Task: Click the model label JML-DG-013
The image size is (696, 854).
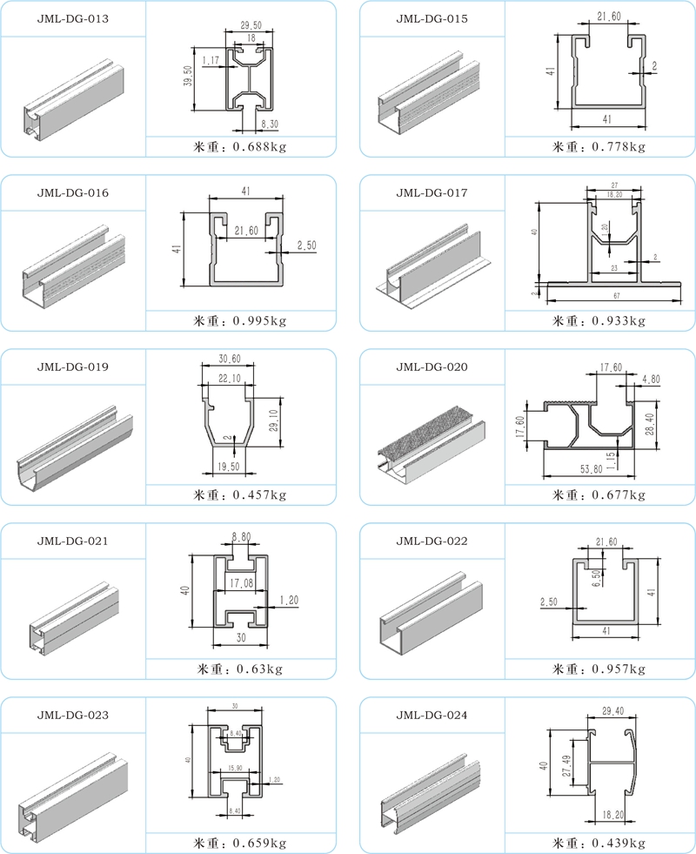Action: pyautogui.click(x=73, y=18)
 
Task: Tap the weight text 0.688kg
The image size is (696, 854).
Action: pyautogui.click(x=258, y=146)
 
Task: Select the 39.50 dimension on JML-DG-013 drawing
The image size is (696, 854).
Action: pyautogui.click(x=186, y=77)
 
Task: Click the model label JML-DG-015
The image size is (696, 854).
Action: pyautogui.click(x=432, y=18)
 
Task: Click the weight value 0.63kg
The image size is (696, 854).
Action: pyautogui.click(x=254, y=669)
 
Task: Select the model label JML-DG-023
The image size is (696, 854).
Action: pyautogui.click(x=73, y=715)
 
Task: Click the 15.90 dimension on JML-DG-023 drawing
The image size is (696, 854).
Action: pyautogui.click(x=234, y=766)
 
